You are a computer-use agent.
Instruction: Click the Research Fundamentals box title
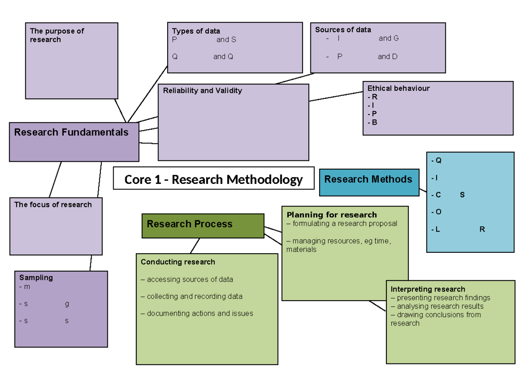coord(72,132)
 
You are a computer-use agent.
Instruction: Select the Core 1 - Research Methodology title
coord(214,179)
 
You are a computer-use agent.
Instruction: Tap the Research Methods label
coord(368,179)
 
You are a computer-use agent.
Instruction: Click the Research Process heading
coord(190,224)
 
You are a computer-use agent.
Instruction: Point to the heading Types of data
coord(196,31)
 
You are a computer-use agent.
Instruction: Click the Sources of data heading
coord(343,30)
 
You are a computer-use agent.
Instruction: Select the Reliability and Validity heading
coord(203,91)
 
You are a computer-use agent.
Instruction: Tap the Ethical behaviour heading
coord(399,88)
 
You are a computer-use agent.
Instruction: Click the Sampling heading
coord(36,277)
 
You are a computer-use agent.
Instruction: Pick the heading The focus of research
coord(53,204)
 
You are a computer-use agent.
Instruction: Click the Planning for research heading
coord(331,214)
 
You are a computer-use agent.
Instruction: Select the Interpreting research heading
coord(428,289)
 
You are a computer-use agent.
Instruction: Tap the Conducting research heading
coord(178,262)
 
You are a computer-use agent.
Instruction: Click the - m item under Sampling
coord(25,287)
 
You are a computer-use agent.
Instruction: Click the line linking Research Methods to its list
coord(423,190)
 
